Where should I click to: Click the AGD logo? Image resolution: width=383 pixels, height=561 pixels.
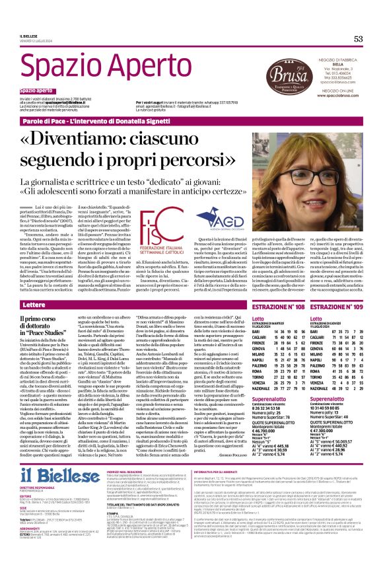(208, 219)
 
